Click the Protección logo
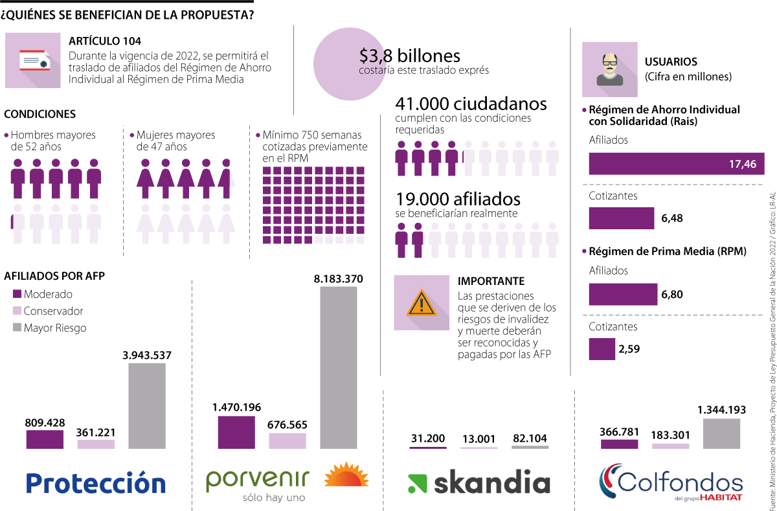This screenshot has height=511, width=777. (x=96, y=483)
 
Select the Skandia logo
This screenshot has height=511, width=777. (x=479, y=483)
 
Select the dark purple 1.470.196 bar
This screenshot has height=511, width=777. (x=236, y=432)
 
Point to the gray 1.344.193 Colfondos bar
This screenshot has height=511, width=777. (x=721, y=433)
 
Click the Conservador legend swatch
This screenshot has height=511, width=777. (x=17, y=311)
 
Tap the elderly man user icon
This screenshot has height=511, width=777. (x=609, y=69)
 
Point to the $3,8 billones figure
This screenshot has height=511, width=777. (x=410, y=56)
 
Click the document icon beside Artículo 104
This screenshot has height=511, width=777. (x=33, y=60)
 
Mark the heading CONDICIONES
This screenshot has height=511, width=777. (x=40, y=114)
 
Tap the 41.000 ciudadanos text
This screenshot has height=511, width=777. (x=471, y=104)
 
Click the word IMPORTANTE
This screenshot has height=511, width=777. (x=491, y=281)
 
